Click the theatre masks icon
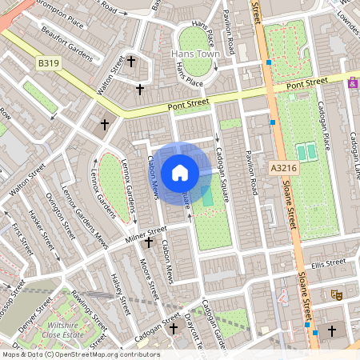(x=337, y=295)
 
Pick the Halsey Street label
(x=119, y=294)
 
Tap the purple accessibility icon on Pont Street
(x=353, y=82)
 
